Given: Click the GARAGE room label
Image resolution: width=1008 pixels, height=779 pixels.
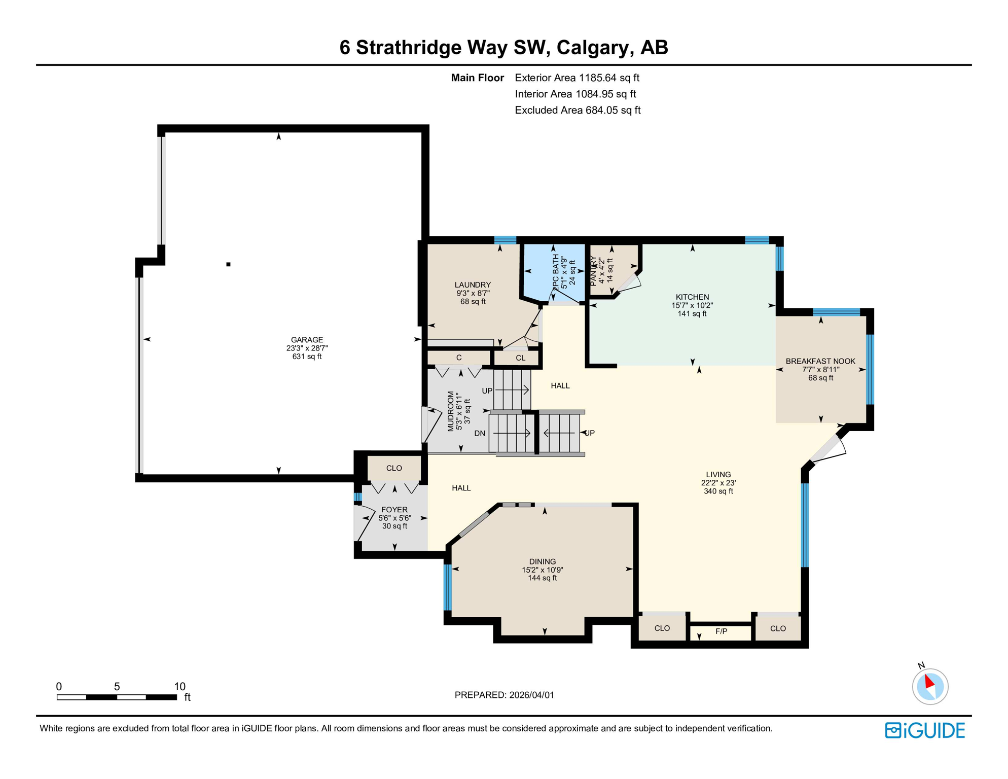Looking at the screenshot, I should (x=307, y=340).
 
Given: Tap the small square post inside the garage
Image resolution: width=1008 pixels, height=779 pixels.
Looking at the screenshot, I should (x=229, y=264).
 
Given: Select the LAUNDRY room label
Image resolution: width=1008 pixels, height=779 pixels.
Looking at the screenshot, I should (x=473, y=285).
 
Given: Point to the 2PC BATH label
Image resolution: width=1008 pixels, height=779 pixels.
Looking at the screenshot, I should (x=556, y=272).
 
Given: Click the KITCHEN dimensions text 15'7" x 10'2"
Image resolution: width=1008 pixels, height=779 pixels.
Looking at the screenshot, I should (x=692, y=305).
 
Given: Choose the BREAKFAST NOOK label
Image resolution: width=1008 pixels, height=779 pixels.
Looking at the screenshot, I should (x=820, y=361).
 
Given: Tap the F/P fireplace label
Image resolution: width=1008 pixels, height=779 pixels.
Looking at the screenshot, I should (x=721, y=631).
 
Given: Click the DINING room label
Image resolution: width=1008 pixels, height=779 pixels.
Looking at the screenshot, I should (x=543, y=561).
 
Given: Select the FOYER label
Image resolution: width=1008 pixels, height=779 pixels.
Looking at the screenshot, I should (x=394, y=510).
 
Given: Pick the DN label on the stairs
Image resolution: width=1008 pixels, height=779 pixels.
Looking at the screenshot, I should (x=480, y=433).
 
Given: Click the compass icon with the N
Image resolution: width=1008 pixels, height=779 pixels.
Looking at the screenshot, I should (x=930, y=686).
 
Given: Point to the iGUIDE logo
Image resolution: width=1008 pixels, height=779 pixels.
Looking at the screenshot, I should (x=925, y=730).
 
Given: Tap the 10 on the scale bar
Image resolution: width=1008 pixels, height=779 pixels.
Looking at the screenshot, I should (x=179, y=686).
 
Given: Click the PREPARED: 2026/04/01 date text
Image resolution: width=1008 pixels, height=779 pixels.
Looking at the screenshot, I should (x=504, y=695).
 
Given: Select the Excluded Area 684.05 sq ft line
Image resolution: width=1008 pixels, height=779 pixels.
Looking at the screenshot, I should (x=578, y=110).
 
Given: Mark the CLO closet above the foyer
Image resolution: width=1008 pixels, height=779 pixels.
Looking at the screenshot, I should (x=394, y=468).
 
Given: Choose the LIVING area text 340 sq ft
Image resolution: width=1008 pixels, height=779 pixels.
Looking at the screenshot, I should (x=718, y=491).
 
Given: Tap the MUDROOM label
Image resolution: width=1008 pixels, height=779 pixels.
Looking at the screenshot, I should (x=450, y=411).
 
